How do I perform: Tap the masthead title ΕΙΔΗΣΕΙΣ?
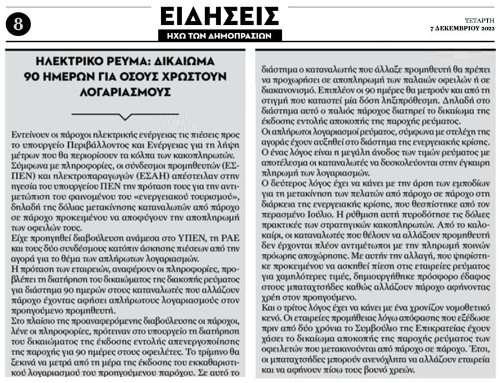pos(219,16)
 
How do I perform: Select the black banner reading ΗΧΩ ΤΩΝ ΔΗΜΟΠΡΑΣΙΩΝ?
pos(219,35)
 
